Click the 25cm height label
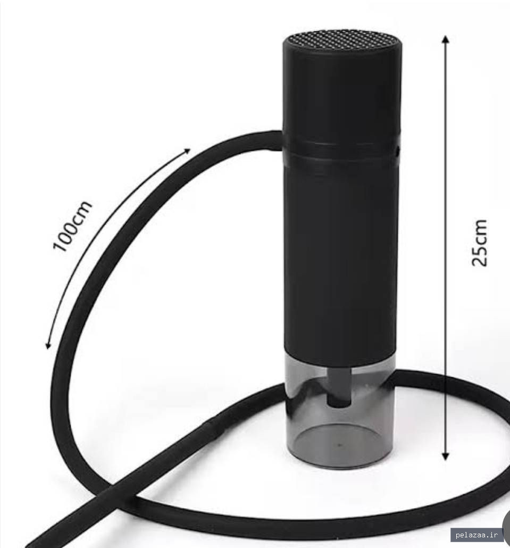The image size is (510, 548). coord(479,243)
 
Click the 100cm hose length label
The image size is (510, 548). coord(72,226)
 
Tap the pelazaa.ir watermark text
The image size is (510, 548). coord(476,534)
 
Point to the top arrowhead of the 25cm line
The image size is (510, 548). coord(445,39)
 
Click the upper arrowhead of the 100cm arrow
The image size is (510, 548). coord(187,151)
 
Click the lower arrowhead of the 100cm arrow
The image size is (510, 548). coord(48,345)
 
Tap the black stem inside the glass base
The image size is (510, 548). coord(338,387)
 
